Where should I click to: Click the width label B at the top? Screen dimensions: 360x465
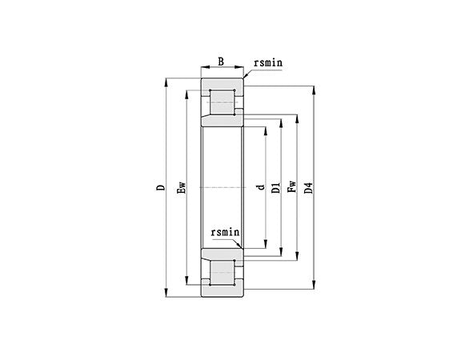[222, 60]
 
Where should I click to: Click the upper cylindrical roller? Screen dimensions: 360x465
[222, 102]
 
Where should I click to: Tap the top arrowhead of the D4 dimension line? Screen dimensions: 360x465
[314, 88]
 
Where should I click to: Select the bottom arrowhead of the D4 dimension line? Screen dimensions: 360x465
[314, 286]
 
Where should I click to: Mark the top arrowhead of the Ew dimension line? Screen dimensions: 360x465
[187, 90]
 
